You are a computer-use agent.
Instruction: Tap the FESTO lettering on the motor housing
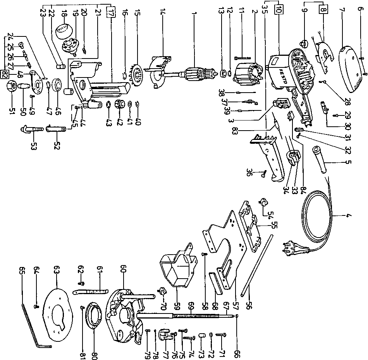pos(282,73)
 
